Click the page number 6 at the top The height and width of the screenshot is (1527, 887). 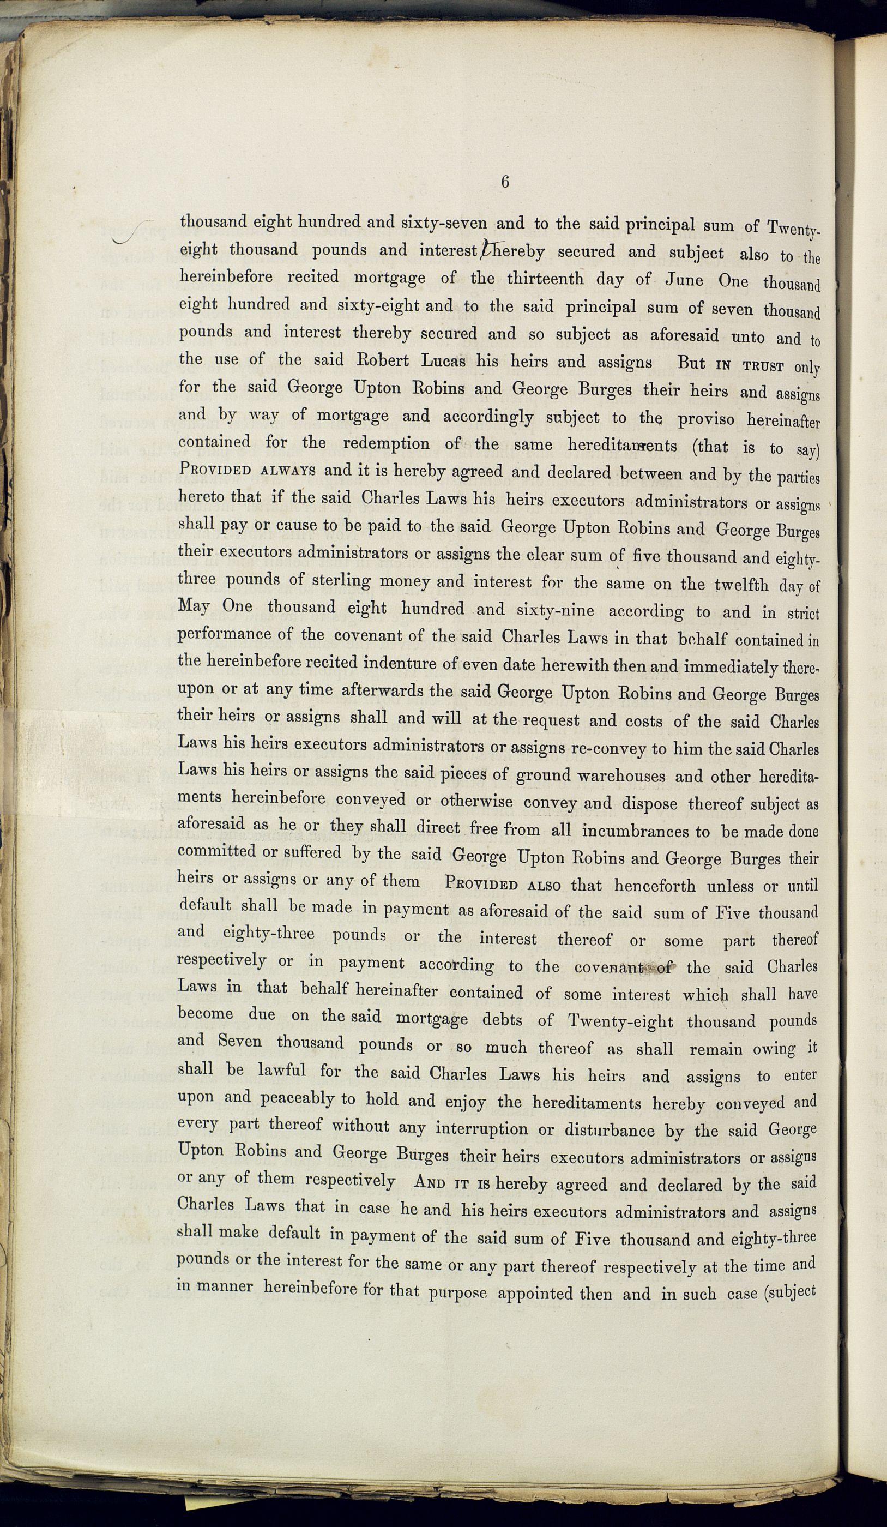[505, 182]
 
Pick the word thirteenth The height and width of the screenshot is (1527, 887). [546, 278]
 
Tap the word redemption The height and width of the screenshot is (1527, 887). [386, 443]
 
